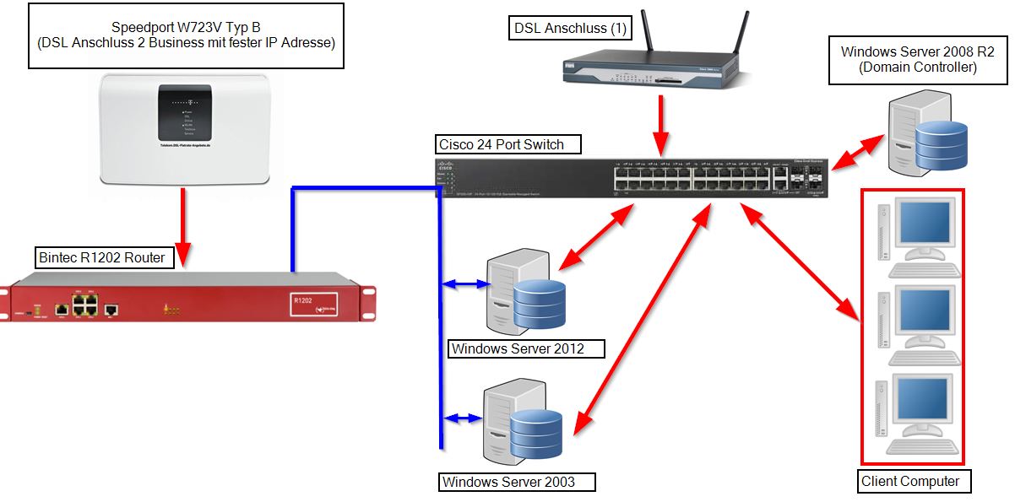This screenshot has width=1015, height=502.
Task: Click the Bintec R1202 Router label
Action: tap(105, 256)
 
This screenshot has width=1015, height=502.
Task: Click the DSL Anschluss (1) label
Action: tap(570, 28)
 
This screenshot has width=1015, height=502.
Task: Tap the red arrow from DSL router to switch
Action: tap(660, 121)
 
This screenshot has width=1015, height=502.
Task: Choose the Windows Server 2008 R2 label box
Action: tap(917, 59)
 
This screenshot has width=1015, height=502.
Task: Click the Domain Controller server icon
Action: tap(926, 138)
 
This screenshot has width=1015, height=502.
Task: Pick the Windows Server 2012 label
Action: tap(517, 348)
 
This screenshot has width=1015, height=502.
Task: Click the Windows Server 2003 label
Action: tap(517, 482)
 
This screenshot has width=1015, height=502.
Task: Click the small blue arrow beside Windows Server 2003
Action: tap(463, 417)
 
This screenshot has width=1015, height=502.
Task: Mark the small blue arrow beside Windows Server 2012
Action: tap(464, 285)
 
